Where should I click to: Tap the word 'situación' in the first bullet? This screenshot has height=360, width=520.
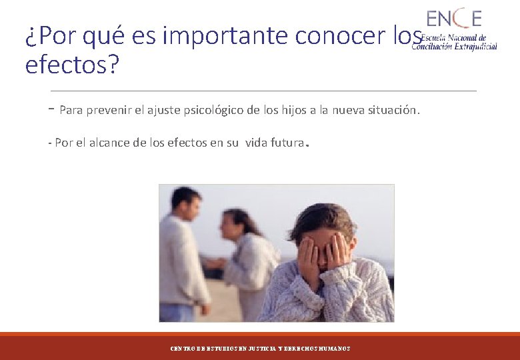click(x=393, y=110)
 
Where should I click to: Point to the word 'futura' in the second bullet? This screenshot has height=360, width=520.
click(x=283, y=142)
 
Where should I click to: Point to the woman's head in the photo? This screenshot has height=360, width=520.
click(x=234, y=225)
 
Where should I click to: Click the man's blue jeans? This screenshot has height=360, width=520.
click(x=177, y=312)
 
